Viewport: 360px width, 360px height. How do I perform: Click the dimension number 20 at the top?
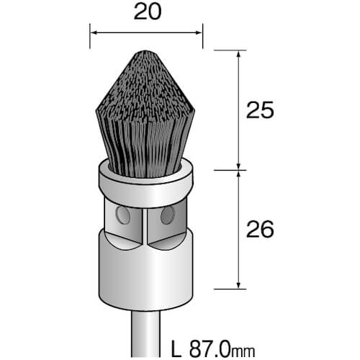click(148, 12)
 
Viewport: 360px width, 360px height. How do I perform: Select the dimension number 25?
click(260, 110)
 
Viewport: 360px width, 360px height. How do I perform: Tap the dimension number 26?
click(260, 229)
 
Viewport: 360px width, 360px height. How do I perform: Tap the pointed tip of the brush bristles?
click(145, 51)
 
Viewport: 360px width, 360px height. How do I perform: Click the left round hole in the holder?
click(123, 215)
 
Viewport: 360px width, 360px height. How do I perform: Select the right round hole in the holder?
click(168, 215)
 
